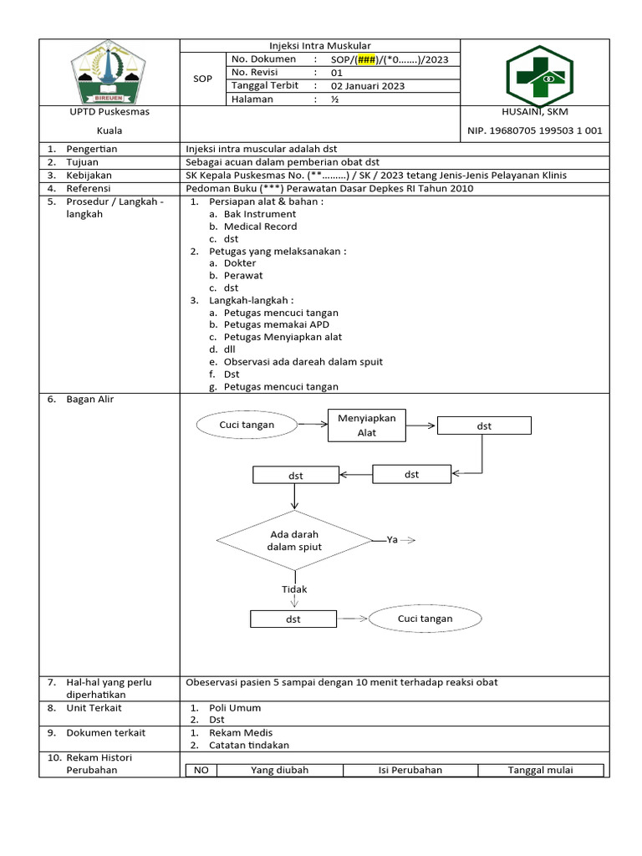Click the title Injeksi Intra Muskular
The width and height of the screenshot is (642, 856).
319,45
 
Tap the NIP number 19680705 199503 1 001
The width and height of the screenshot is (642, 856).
533,130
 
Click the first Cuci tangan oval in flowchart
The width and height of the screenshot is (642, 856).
247,425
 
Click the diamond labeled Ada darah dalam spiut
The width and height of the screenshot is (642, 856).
294,540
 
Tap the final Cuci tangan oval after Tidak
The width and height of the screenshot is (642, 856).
425,619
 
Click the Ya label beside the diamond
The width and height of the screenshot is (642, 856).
392,540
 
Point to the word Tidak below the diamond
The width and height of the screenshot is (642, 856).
294,589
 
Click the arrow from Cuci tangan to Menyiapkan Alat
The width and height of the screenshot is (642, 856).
313,425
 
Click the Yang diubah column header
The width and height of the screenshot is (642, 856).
280,770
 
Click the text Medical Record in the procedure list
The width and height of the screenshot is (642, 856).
260,227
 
